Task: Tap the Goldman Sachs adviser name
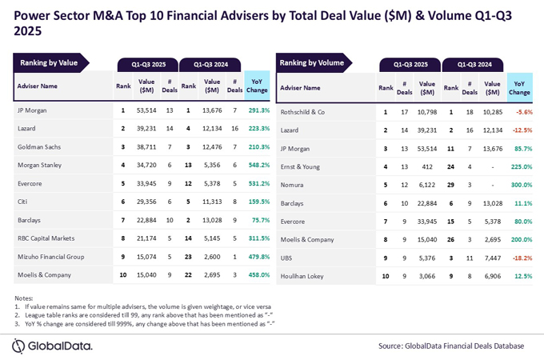pos(38,147)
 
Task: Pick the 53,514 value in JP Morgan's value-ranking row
pos(146,110)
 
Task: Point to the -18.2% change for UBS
pos(519,258)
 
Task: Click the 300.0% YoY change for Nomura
pos(519,184)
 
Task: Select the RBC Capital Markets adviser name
pos(47,238)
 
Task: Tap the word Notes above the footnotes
pos(24,298)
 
